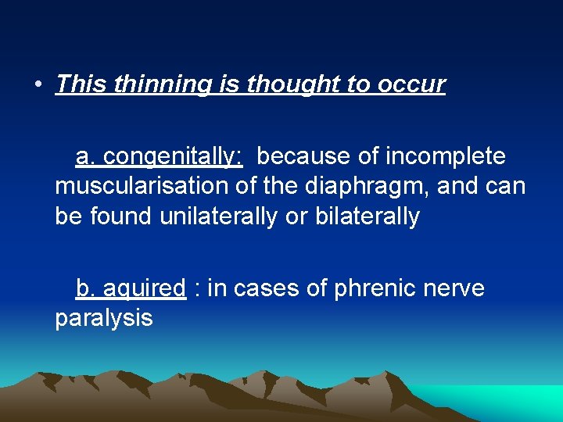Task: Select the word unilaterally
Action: coord(218,216)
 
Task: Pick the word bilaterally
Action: coord(367,216)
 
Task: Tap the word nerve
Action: coord(457,289)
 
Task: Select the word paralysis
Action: coord(104,319)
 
